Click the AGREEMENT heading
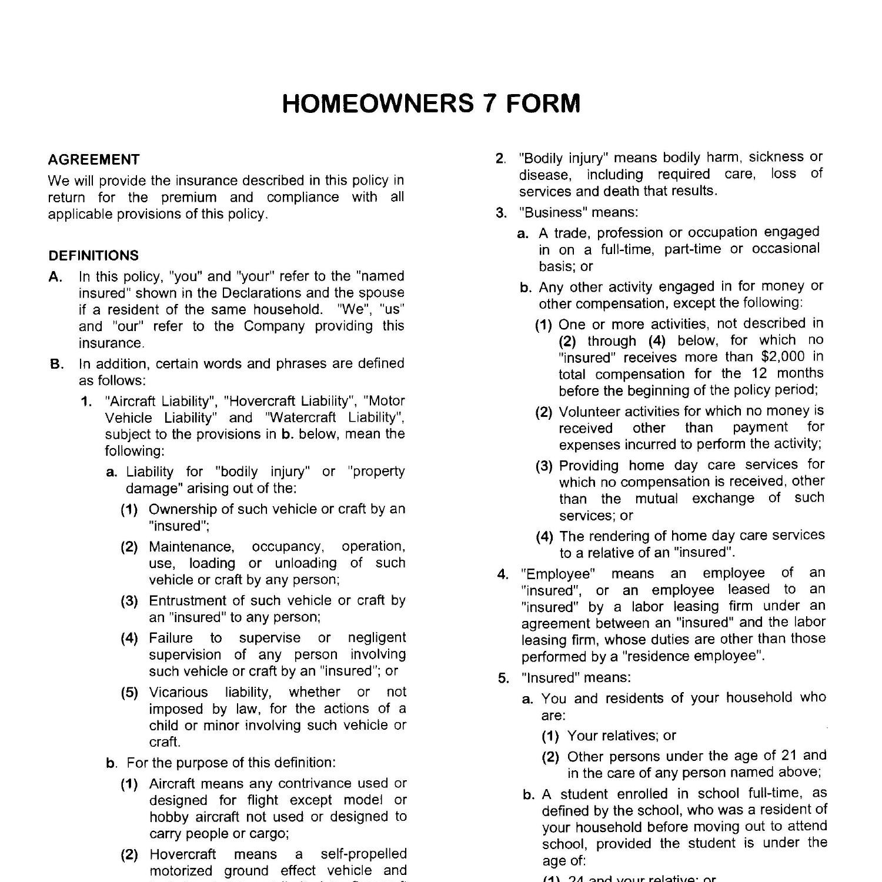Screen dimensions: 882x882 pyautogui.click(x=94, y=160)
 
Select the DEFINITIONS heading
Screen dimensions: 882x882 pyautogui.click(x=94, y=256)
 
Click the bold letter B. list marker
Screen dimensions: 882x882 pyautogui.click(x=56, y=364)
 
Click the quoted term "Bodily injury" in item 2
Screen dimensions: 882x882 pyautogui.click(x=564, y=158)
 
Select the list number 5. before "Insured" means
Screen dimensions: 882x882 pyautogui.click(x=503, y=678)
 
